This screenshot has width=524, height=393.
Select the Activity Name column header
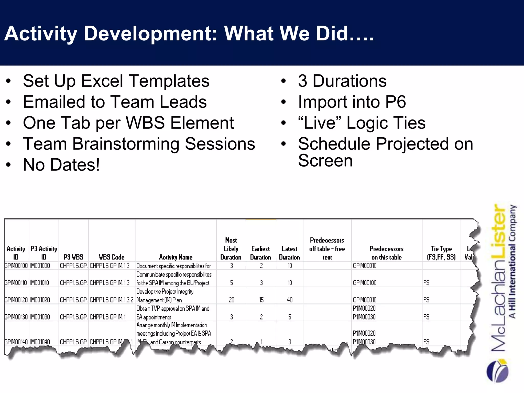(176, 257)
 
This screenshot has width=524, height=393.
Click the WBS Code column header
(112, 257)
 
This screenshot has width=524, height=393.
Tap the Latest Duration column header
(289, 253)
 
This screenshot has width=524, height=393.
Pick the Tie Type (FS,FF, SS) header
(441, 253)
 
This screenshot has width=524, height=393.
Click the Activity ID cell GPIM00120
(16, 300)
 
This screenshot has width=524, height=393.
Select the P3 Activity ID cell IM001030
(40, 317)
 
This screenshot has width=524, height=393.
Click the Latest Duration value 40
(290, 300)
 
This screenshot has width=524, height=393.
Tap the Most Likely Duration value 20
(231, 300)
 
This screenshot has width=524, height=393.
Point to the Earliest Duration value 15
(261, 300)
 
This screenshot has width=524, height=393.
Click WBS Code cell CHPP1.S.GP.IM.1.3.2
(112, 300)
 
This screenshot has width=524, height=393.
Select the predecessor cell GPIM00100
(365, 283)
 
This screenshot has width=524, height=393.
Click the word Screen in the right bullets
(325, 161)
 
